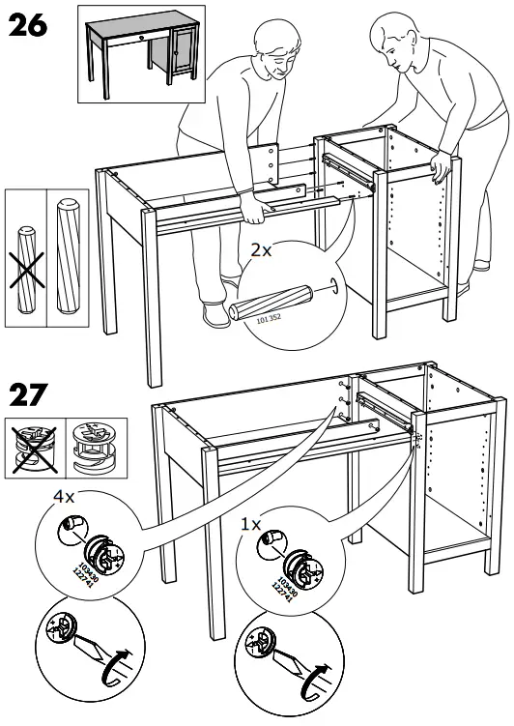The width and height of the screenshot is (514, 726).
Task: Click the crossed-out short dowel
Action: [26, 257]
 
